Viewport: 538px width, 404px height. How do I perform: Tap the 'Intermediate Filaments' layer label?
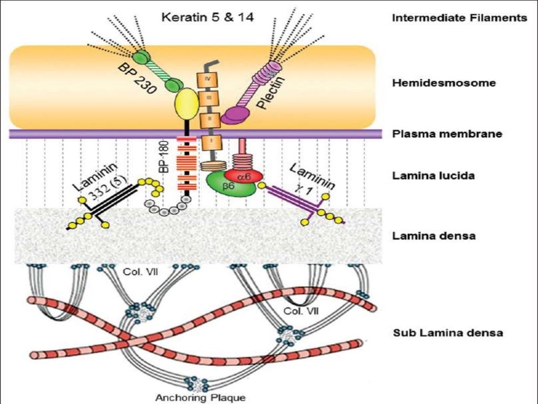(459, 18)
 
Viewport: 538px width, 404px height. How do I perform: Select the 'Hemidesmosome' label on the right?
(444, 83)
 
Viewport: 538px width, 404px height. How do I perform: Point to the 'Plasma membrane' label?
(447, 134)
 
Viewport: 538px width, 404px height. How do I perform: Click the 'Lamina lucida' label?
(433, 175)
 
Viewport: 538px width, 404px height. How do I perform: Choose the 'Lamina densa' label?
(434, 235)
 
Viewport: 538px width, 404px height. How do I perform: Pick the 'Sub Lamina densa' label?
(448, 332)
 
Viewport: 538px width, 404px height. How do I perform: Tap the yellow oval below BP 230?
(188, 105)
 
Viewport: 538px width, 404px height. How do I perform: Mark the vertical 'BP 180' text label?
(163, 158)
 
